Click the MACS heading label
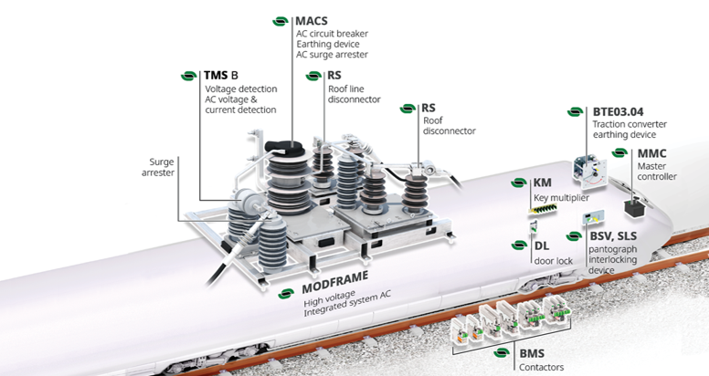[311, 21]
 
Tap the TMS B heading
[221, 75]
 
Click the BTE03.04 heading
[618, 111]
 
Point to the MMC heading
[651, 153]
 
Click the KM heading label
[542, 183]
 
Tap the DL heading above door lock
[542, 245]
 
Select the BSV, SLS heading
[613, 235]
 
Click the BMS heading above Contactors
[532, 353]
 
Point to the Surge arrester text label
[158, 167]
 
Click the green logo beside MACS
[280, 21]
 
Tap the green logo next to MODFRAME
[286, 294]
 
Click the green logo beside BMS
[502, 353]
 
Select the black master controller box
[635, 207]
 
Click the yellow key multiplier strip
[543, 208]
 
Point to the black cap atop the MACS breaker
[284, 145]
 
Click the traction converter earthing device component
[589, 171]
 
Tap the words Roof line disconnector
[354, 94]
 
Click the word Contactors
[541, 367]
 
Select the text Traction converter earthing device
[630, 130]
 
